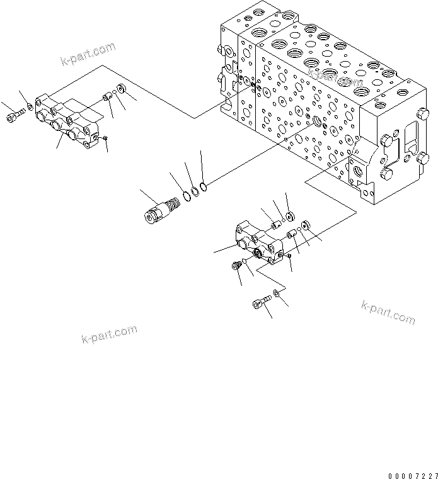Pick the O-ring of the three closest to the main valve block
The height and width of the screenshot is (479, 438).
204,186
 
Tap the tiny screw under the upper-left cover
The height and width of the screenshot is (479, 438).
105,138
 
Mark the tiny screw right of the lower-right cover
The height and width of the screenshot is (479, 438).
289,256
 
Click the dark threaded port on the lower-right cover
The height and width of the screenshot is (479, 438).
259,254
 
